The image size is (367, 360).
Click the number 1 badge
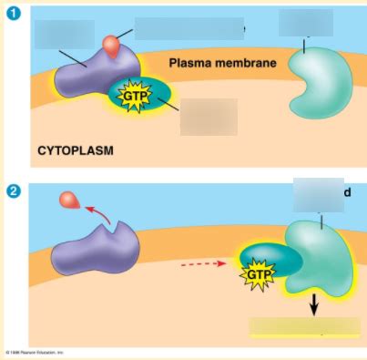[14, 13]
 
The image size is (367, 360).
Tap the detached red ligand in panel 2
[67, 201]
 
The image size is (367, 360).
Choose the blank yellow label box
[304, 327]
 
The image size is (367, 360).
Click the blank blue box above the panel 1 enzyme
[306, 23]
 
